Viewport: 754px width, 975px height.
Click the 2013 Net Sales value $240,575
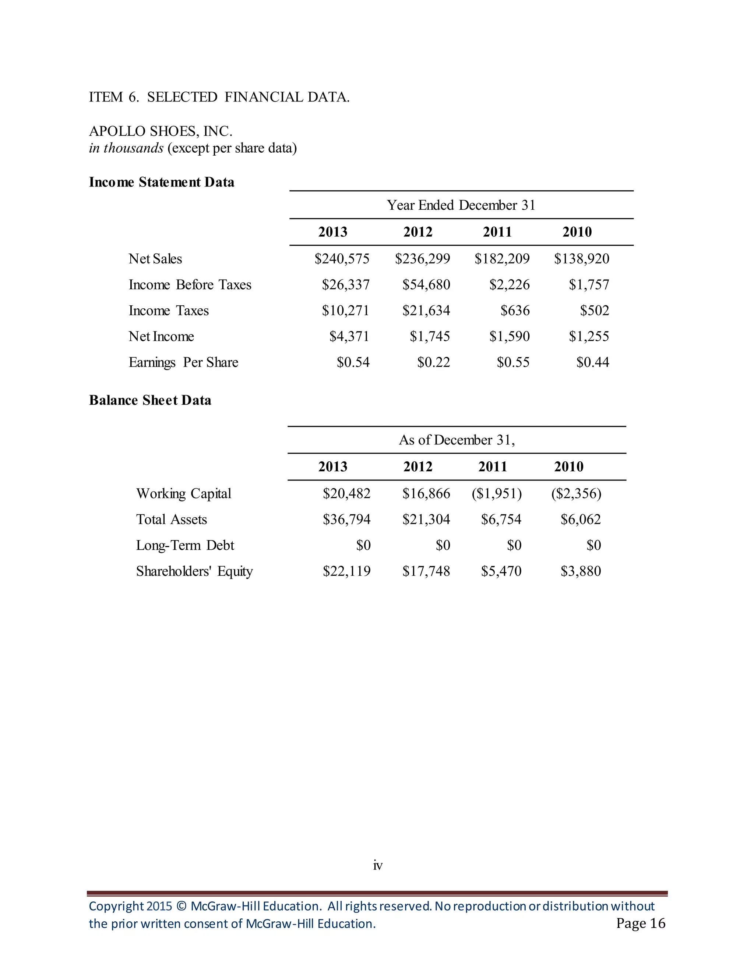[342, 259]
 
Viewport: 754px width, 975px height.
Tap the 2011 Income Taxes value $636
[515, 311]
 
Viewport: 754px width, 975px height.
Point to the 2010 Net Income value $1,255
[589, 337]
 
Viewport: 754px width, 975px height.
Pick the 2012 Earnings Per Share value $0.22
[433, 362]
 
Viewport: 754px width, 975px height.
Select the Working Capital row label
[184, 494]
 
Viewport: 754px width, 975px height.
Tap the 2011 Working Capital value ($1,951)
[497, 494]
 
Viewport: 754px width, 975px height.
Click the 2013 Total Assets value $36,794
[346, 520]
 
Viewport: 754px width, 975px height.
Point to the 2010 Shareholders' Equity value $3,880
[581, 571]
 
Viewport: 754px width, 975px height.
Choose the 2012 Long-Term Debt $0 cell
[443, 546]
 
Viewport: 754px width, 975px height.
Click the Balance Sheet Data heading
[150, 400]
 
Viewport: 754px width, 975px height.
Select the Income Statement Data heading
[161, 182]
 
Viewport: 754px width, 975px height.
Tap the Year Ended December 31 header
[461, 205]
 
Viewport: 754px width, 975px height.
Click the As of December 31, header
[457, 440]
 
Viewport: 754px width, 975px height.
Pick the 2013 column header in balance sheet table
[333, 467]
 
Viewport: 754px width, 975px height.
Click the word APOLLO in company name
[117, 131]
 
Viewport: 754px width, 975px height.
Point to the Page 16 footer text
[641, 923]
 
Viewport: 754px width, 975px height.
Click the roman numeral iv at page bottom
[377, 866]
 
